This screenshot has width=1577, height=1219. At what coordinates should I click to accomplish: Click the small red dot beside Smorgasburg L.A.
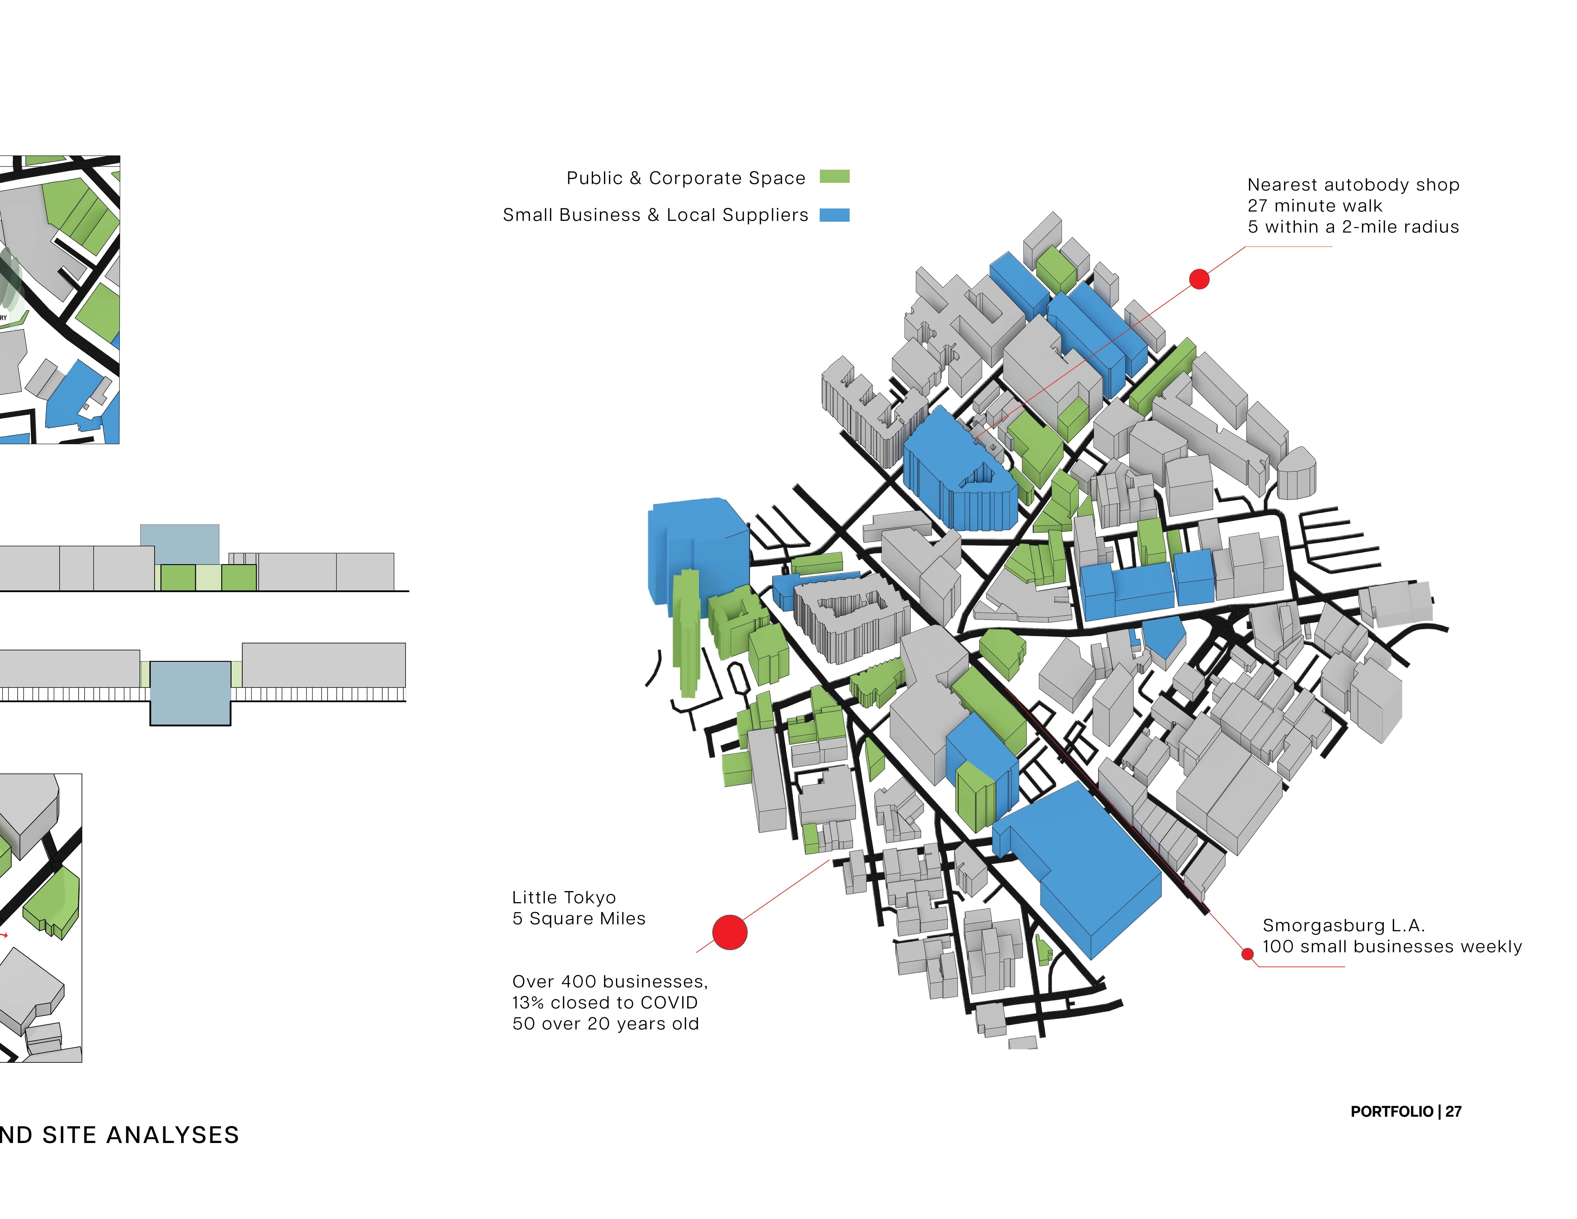coord(1247,954)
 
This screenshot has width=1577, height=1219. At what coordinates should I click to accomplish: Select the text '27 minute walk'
coord(1314,206)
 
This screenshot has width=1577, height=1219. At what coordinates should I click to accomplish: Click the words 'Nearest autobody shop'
coord(1353,185)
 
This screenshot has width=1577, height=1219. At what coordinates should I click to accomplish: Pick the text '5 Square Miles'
coord(578,919)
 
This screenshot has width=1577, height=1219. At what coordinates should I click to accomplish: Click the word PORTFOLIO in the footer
coord(1391,1111)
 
